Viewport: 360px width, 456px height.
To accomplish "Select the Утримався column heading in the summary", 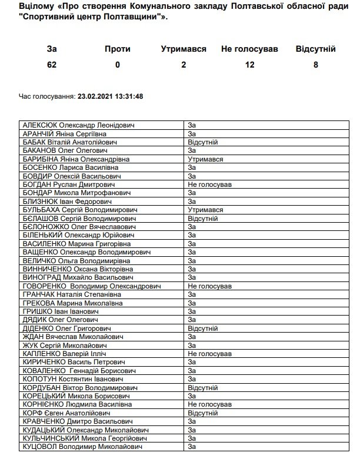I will tap(184, 49).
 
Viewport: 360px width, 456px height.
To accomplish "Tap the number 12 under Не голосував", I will tap(250, 65).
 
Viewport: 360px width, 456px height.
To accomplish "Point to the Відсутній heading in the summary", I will tap(316, 49).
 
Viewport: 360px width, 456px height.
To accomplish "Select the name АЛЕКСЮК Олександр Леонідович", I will tap(78, 125).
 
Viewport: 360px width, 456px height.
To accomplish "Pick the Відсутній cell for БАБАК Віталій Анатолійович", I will tap(203, 142).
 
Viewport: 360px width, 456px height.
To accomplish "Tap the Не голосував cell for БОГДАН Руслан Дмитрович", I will tap(209, 185).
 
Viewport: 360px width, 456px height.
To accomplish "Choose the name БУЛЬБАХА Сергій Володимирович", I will tap(80, 210).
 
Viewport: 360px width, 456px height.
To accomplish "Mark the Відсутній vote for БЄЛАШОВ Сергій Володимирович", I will tap(203, 218).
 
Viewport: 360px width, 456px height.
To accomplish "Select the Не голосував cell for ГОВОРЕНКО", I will tap(209, 286).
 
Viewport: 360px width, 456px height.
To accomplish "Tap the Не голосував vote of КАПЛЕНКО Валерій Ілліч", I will tap(209, 354).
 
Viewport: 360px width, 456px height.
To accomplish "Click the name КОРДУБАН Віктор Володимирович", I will tap(76, 388).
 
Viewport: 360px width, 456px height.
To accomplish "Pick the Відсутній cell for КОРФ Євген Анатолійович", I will tap(203, 413).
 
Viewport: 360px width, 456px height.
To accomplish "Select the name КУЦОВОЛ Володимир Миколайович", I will tap(81, 447).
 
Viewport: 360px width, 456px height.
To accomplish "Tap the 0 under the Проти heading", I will tap(118, 65).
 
